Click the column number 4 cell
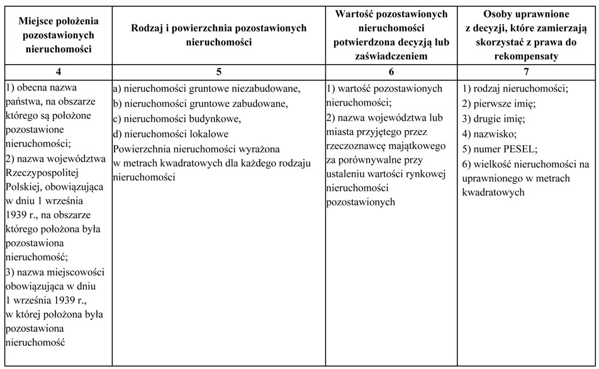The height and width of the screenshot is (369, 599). click(57, 72)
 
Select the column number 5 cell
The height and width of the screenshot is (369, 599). click(218, 72)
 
